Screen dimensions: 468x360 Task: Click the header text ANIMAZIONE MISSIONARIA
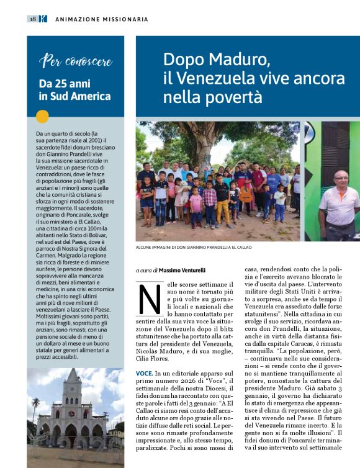click(x=102, y=19)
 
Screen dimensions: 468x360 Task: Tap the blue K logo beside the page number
click(x=43, y=19)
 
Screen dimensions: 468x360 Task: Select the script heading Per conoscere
click(x=76, y=61)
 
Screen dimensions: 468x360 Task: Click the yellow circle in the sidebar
click(x=42, y=116)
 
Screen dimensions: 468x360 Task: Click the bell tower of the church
click(x=73, y=391)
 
